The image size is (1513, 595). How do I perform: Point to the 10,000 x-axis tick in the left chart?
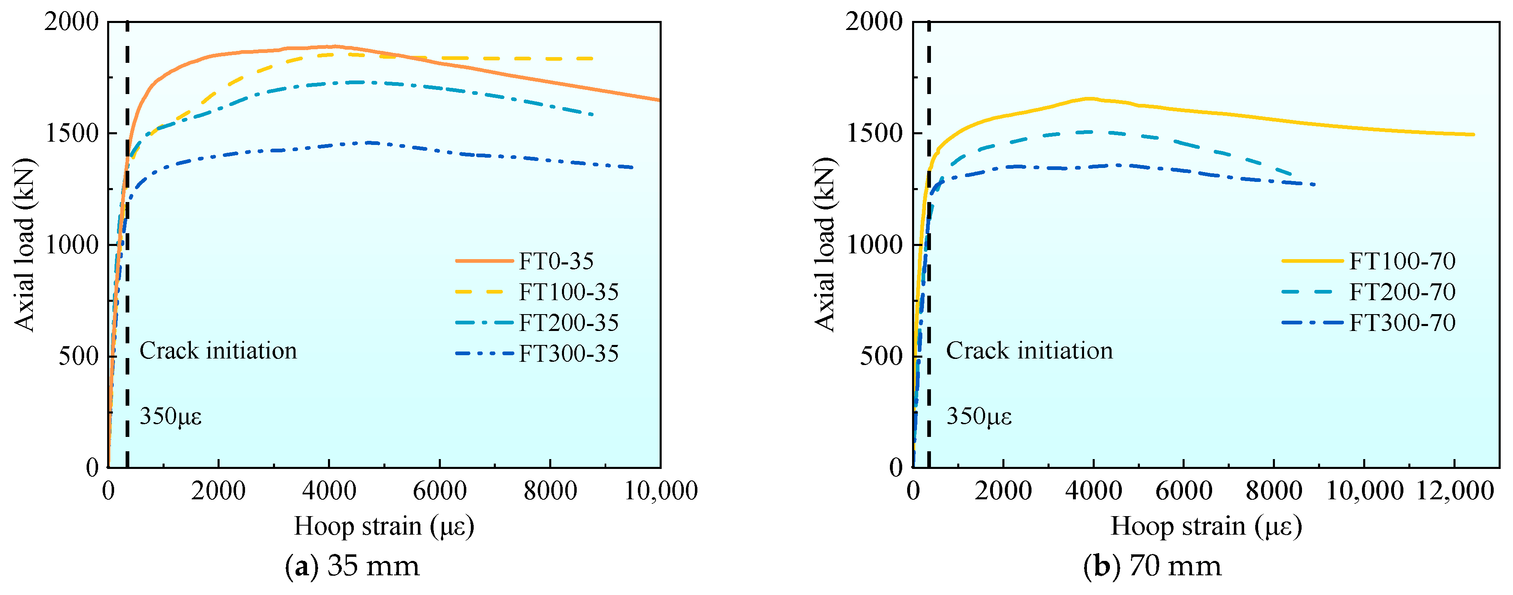coord(660,490)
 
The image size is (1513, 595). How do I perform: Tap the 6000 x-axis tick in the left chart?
coord(439,490)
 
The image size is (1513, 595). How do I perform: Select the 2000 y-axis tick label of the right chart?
coord(873,22)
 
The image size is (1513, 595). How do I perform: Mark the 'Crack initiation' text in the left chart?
coord(218,351)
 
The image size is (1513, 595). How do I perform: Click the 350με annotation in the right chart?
coord(979,416)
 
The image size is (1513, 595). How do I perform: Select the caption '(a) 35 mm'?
coord(353,566)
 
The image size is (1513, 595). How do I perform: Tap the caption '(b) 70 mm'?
coord(1152,566)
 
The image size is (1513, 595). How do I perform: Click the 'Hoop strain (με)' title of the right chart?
coord(1206,526)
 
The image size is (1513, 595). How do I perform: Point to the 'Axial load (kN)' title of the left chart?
coord(25,244)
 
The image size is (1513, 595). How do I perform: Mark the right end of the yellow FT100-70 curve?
coord(1473,135)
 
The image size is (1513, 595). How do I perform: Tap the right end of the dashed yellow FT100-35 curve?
coord(593,59)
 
